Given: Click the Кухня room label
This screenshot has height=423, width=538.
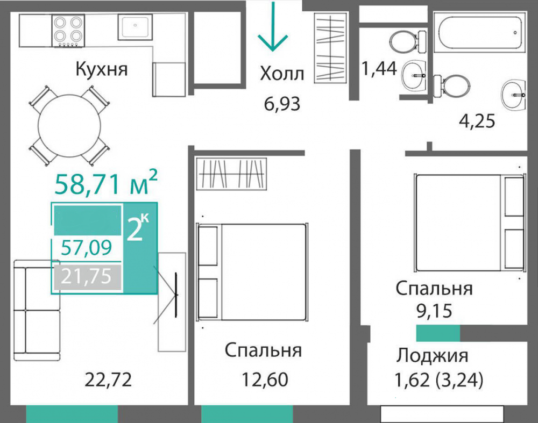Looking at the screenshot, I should click(102, 69).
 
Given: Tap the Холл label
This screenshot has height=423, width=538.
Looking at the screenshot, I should click(282, 74).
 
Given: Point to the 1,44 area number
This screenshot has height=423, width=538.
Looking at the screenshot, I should click(379, 69).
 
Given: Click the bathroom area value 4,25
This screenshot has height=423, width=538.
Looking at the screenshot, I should click(477, 120).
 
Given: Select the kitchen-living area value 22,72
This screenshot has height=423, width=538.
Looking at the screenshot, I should click(108, 380).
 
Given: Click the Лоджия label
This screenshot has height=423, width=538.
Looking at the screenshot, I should click(433, 355).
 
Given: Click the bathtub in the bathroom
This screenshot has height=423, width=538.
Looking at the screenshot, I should click(479, 33).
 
